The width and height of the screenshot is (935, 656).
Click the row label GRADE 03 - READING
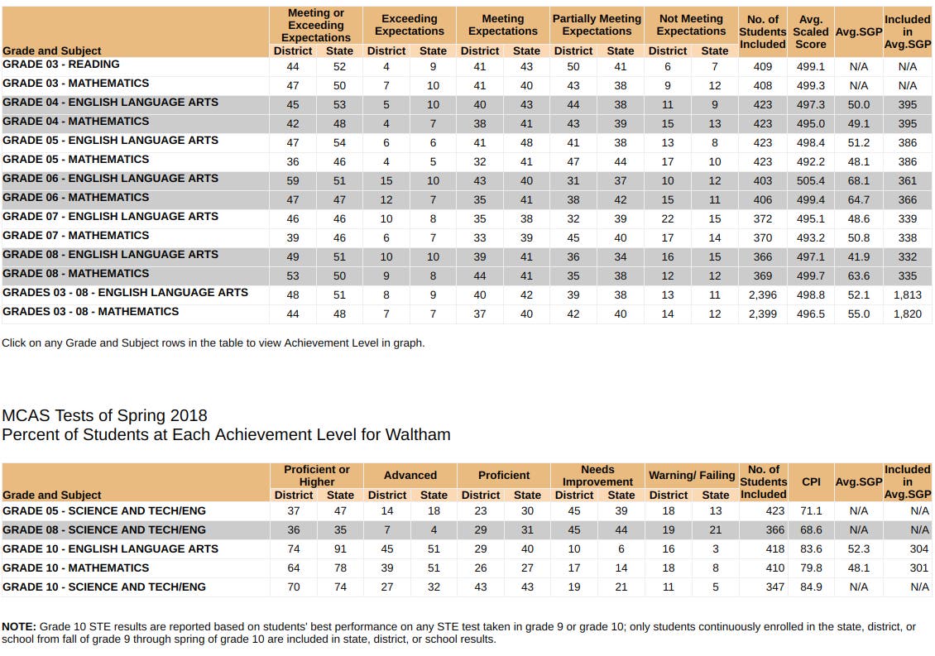coord(61,65)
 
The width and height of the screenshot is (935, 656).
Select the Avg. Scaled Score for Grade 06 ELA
coord(810,180)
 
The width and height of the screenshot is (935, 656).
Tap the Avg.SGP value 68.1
coord(858,180)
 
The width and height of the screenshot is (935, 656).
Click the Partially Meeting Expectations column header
coord(597,25)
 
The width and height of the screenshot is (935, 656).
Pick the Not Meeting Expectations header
coord(691,25)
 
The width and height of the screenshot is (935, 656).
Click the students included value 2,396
coord(763,295)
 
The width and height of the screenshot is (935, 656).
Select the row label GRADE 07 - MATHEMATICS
coord(76,236)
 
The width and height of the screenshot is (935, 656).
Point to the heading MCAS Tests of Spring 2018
coord(105,415)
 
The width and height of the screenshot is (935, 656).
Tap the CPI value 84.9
coord(811,587)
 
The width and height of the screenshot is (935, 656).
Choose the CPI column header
coord(811,481)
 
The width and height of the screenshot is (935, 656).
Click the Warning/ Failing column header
coord(692,476)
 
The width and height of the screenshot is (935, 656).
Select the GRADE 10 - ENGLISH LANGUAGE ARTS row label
coord(110,549)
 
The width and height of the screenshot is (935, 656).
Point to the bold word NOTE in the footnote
coord(19,627)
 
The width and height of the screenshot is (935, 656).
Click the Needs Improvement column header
coord(597,476)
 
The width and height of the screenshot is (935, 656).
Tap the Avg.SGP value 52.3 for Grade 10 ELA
coord(858,549)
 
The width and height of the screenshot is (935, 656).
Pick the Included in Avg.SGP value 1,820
coord(908,314)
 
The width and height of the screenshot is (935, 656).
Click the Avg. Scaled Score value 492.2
coord(810,161)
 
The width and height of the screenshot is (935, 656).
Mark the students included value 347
coord(775,587)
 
